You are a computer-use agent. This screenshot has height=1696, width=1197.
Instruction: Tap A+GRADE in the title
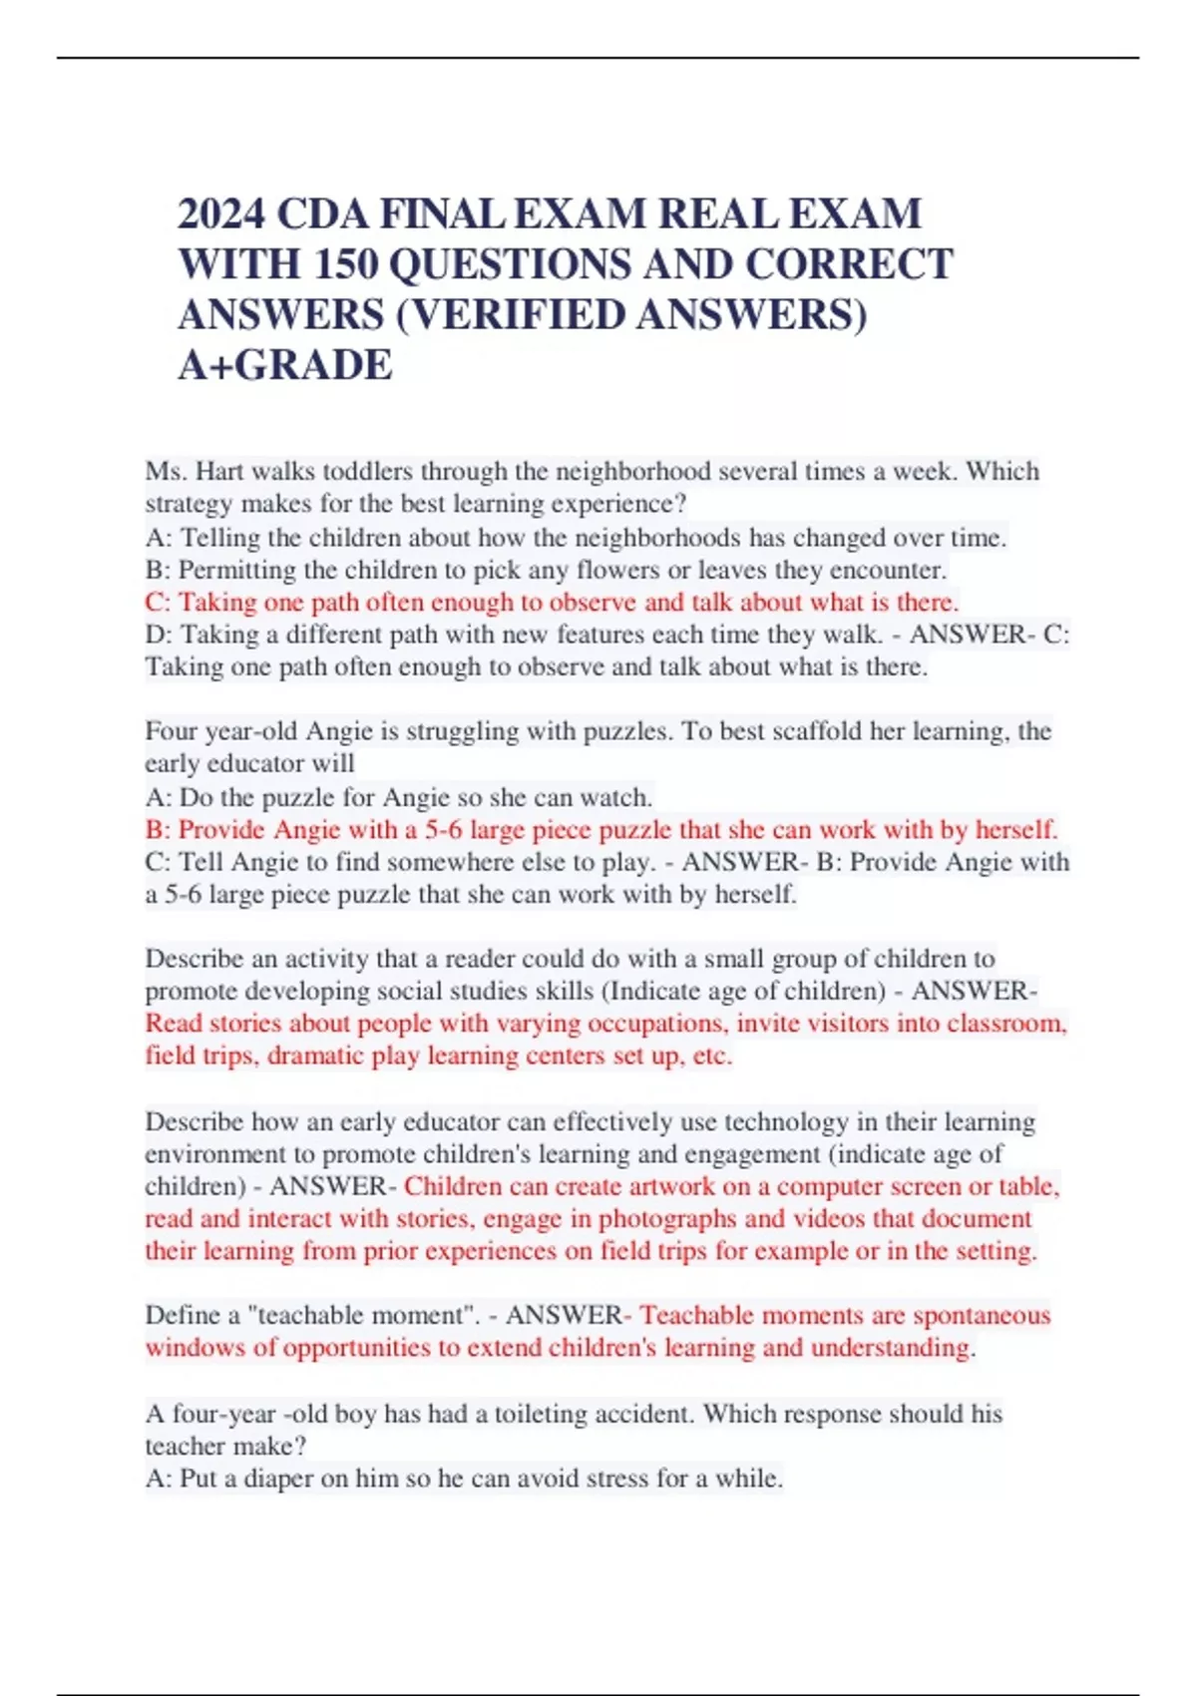coord(285,365)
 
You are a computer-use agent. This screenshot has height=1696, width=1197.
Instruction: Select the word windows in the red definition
coord(196,1347)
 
